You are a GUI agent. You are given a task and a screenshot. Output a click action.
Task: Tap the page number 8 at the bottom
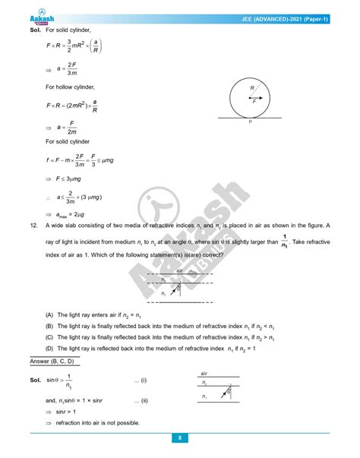click(179, 437)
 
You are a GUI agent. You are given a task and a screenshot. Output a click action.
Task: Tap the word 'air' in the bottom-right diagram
click(204, 374)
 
